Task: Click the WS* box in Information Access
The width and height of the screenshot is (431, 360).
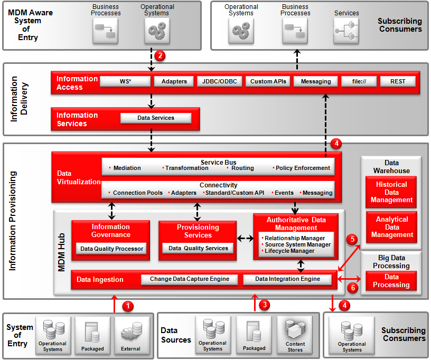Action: pos(125,81)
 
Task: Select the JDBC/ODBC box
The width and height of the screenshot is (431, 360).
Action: pos(220,81)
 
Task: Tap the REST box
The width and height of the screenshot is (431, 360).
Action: pos(397,81)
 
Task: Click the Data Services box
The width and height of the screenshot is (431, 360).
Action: pos(156,118)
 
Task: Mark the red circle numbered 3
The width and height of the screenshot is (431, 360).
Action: pos(266,305)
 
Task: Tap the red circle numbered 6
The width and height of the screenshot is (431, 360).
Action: pos(353,288)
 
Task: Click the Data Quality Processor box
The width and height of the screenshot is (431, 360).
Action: pos(111,249)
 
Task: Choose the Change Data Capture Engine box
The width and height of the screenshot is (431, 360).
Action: pos(190,279)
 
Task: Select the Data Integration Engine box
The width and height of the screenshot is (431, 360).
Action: pos(287,279)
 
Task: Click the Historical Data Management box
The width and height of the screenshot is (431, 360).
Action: pos(391,192)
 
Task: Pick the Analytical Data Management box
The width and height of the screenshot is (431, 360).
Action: pos(391,227)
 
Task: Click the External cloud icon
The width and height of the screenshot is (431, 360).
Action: pos(130,332)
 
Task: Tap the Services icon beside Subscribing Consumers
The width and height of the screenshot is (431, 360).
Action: pos(346,30)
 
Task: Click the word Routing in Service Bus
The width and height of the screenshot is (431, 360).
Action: pos(242,168)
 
